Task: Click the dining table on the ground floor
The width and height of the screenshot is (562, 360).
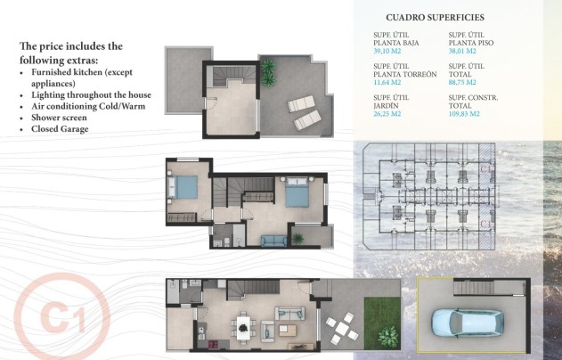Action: pos(243,323)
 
